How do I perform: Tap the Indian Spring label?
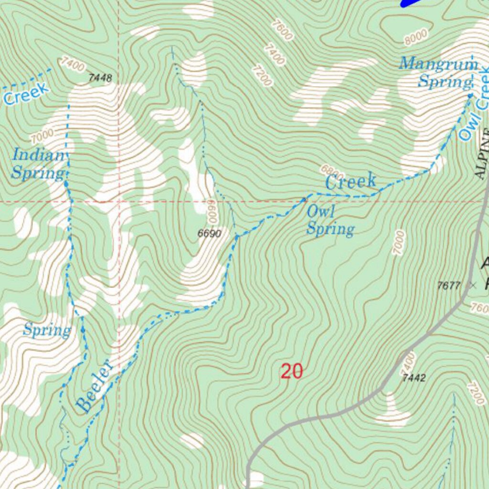38,164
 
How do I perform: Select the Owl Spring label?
330,221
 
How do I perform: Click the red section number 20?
292,371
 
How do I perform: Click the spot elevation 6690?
210,234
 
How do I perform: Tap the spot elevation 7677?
448,286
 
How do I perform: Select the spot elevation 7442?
414,378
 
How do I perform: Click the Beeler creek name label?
96,387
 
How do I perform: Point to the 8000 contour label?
415,37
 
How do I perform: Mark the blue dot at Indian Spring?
66,182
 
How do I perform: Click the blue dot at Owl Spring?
305,200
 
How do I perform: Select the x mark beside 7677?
473,286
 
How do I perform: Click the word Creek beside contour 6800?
351,182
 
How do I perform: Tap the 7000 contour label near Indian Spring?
41,137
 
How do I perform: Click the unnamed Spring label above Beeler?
47,330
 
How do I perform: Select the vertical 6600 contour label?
212,212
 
